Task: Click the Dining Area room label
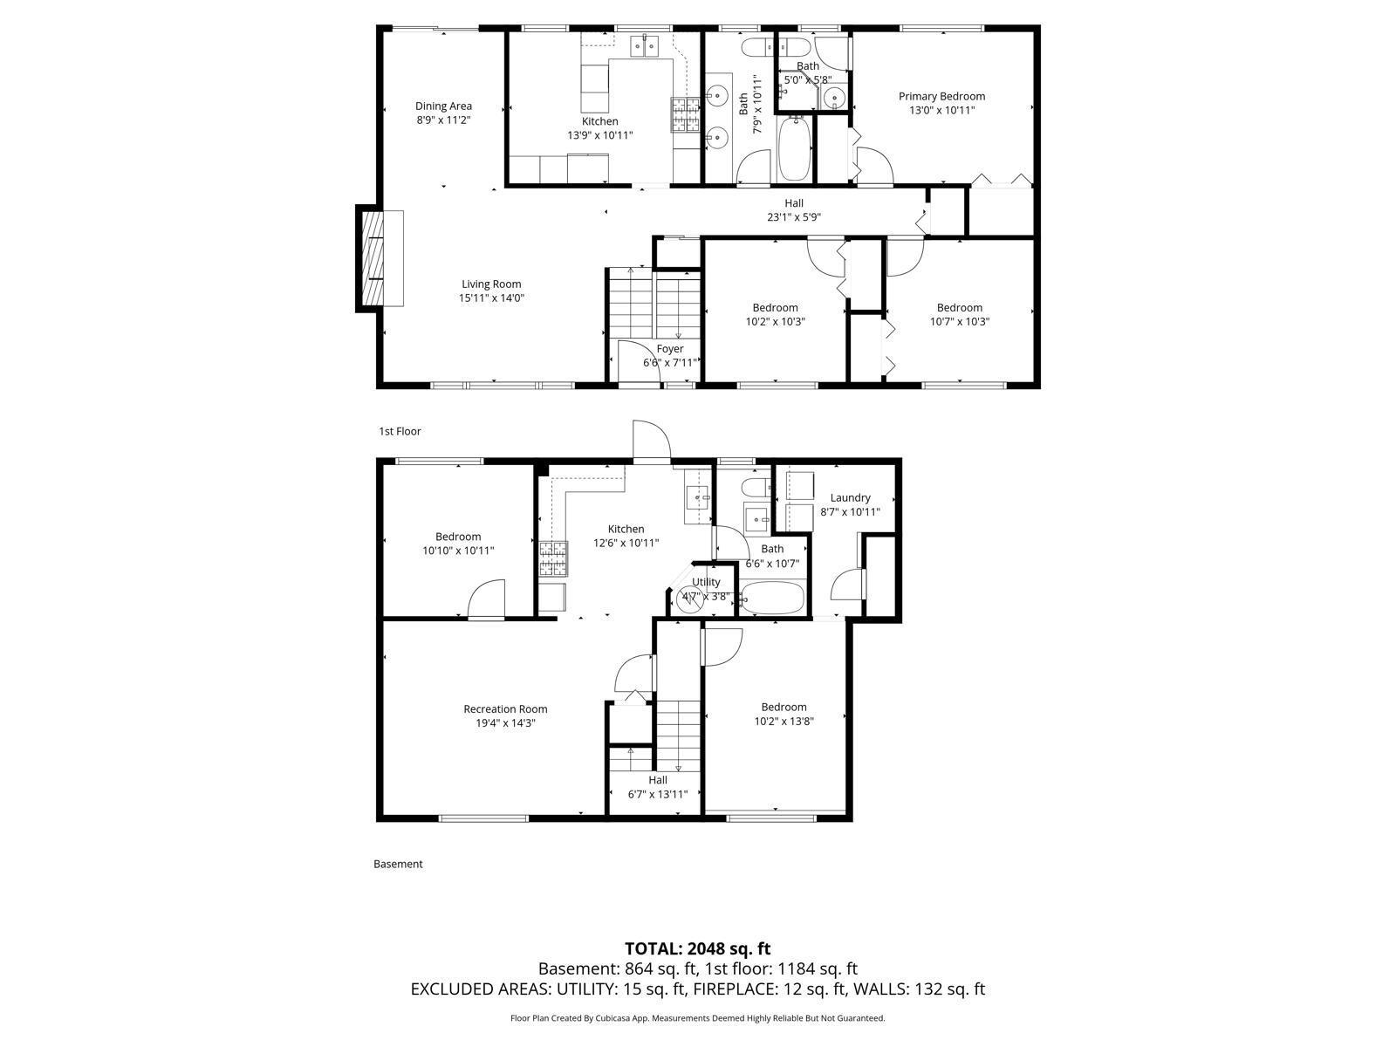[443, 106]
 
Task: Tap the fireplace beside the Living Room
[373, 257]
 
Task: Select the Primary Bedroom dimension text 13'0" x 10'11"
[941, 111]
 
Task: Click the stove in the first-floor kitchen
[685, 114]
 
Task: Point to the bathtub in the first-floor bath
[793, 151]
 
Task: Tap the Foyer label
[670, 349]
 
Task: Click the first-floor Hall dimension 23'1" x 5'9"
[793, 217]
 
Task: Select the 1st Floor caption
[400, 431]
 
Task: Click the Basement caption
[398, 864]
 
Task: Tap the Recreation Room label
[505, 709]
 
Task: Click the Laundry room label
[850, 498]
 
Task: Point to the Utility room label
[706, 582]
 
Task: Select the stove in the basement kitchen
[552, 559]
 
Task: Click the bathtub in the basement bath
[772, 599]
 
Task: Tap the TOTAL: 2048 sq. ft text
[697, 948]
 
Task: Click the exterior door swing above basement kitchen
[650, 441]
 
